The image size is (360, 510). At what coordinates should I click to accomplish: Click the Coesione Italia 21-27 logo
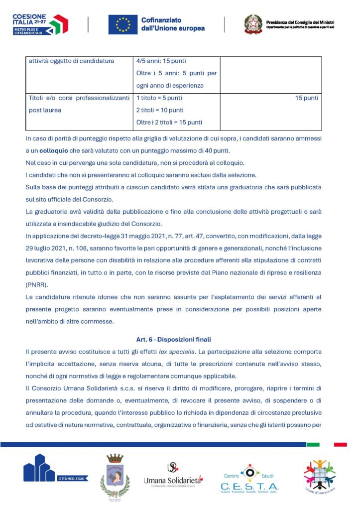tap(40, 24)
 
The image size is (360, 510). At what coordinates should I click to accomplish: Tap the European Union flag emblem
tap(122, 24)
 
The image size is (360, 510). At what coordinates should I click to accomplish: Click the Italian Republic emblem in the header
tap(253, 24)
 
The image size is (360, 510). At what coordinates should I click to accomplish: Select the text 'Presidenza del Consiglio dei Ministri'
tap(300, 22)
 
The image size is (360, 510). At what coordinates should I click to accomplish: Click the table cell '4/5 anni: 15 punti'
tap(161, 61)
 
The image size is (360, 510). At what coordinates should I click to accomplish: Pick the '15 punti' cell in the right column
tap(306, 98)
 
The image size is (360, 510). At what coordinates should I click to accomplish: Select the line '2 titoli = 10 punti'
tap(160, 110)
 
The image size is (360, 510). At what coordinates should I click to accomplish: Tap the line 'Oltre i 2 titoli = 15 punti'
tap(169, 122)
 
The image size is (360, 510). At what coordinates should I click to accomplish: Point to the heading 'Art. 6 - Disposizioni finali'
tap(173, 340)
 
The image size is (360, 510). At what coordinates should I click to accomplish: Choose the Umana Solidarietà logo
tap(172, 476)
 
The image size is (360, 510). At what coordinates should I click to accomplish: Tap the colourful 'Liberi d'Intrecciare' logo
tap(320, 476)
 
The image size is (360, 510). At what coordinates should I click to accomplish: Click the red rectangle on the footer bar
tap(341, 444)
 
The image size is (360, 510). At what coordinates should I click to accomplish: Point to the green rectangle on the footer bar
tap(313, 444)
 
